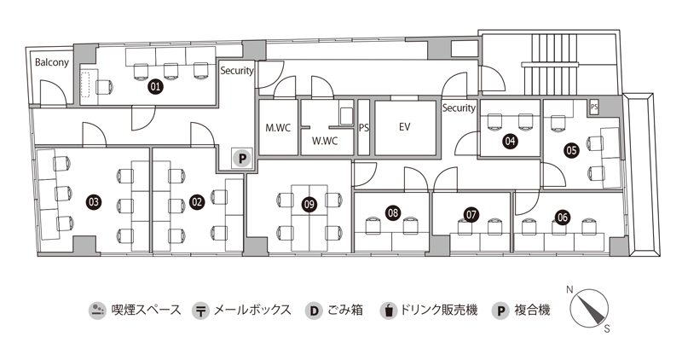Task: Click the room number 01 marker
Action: click(x=156, y=86)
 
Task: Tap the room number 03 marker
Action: click(x=94, y=202)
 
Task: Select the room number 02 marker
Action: click(x=197, y=202)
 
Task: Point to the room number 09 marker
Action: click(x=309, y=203)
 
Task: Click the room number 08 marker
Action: click(x=393, y=212)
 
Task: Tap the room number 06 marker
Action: click(x=562, y=217)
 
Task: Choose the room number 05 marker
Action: click(x=571, y=149)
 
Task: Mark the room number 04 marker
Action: click(x=511, y=142)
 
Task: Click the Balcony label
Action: click(x=51, y=62)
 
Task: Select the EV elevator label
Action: click(x=405, y=127)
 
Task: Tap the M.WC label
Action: click(x=278, y=128)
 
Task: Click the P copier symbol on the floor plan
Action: click(x=241, y=158)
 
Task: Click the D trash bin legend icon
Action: click(x=314, y=310)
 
